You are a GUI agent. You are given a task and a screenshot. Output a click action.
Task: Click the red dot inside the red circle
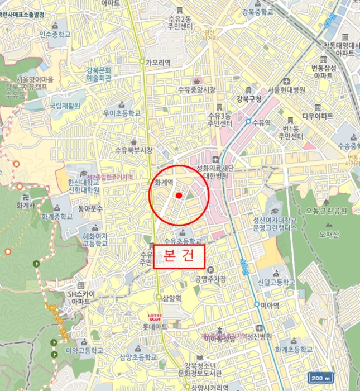179,195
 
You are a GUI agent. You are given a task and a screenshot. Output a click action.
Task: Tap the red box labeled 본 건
180,257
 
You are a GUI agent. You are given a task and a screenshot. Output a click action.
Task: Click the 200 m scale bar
321,378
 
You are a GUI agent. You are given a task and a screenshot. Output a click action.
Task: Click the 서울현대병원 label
286,89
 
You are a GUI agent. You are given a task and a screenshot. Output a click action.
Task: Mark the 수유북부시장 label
133,150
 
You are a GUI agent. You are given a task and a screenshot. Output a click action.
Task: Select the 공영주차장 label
210,279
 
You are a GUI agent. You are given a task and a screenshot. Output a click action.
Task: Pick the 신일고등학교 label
273,282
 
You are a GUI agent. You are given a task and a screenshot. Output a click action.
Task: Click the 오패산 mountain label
329,234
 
